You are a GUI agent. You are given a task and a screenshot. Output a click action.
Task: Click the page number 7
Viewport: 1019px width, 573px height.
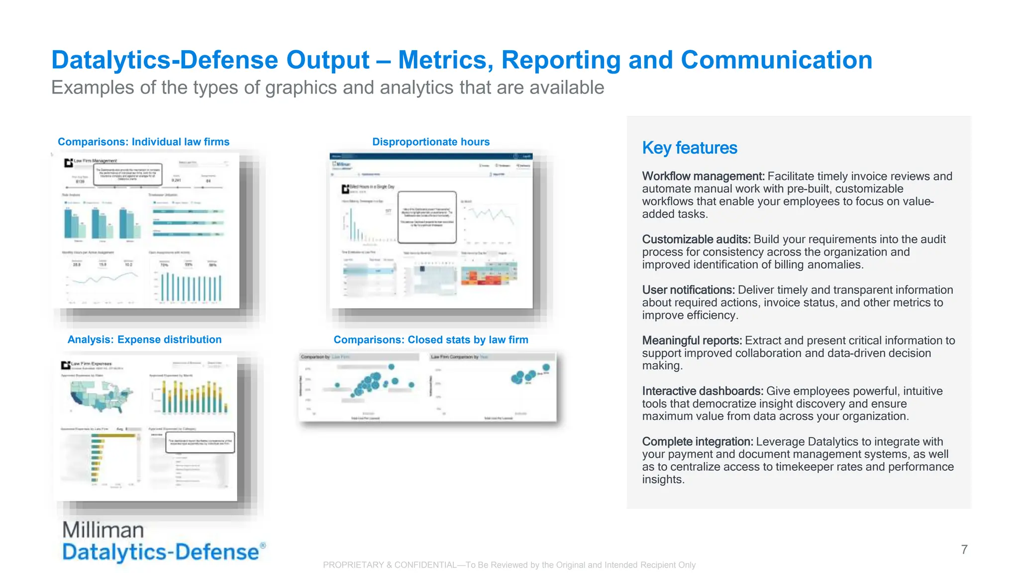tap(964, 549)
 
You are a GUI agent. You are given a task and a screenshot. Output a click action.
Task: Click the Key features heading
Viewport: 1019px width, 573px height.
tap(689, 148)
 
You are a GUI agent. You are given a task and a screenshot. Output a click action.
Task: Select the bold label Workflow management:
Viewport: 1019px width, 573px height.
tap(703, 176)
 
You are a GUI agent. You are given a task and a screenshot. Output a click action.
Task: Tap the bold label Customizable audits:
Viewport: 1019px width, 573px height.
tap(696, 239)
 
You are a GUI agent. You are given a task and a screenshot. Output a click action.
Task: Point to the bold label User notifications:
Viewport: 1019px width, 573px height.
tap(688, 289)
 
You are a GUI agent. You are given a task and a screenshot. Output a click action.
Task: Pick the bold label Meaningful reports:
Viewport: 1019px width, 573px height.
tap(692, 340)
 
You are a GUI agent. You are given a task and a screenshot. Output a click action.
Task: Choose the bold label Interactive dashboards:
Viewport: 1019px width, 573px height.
tap(702, 391)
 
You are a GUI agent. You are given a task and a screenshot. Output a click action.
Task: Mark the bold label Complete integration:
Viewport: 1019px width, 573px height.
tap(697, 441)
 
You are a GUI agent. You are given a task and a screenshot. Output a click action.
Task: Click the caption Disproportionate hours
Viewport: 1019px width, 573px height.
tap(431, 142)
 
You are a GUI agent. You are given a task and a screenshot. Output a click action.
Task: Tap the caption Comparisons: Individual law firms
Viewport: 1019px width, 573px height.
tap(143, 142)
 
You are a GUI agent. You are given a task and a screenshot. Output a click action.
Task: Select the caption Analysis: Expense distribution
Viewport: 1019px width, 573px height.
tap(144, 339)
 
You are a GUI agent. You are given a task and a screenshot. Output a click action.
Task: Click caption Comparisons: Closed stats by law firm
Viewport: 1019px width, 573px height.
tap(431, 340)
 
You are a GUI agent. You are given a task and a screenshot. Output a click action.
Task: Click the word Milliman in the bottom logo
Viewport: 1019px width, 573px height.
tap(103, 530)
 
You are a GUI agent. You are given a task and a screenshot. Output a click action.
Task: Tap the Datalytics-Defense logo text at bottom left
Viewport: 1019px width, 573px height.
tap(160, 552)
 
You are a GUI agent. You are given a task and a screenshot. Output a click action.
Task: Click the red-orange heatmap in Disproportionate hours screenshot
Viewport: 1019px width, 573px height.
tap(488, 276)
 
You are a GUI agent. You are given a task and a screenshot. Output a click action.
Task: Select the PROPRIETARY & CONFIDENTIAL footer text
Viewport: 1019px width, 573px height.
tap(509, 565)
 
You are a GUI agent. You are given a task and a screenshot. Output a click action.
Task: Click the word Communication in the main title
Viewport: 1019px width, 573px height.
tap(776, 60)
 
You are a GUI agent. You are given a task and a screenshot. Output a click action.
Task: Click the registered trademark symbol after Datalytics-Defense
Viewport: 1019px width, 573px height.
tap(263, 545)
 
